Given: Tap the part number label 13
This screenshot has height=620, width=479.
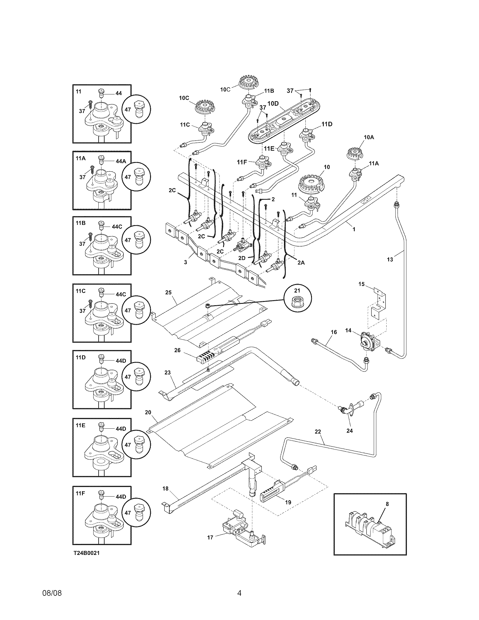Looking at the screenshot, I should tap(390, 259).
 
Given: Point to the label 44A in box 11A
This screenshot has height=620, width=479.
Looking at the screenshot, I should tap(121, 161).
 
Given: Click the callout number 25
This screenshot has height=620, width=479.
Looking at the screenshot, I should tap(168, 293).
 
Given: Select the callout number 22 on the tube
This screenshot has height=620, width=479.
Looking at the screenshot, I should tap(318, 440).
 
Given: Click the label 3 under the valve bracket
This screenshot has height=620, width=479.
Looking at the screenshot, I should tap(185, 262).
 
